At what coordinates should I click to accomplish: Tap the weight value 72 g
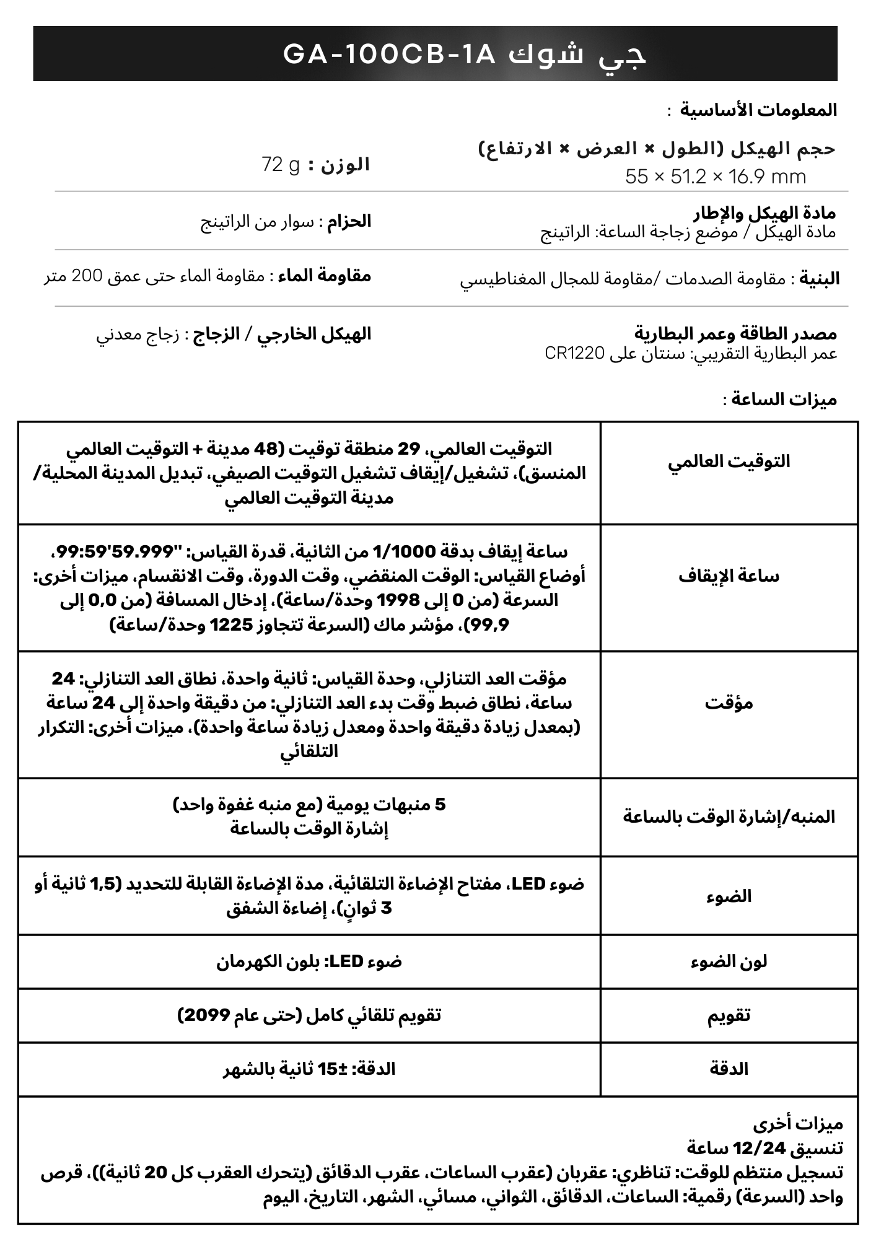pyautogui.click(x=281, y=165)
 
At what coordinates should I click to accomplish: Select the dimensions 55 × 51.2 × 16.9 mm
pyautogui.click(x=716, y=177)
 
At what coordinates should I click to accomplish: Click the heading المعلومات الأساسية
pyautogui.click(x=759, y=110)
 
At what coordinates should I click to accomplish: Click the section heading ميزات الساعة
pyautogui.click(x=784, y=400)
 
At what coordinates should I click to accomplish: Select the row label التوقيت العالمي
pyautogui.click(x=729, y=462)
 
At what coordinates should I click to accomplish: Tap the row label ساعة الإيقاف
pyautogui.click(x=729, y=576)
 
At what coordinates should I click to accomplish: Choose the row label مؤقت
pyautogui.click(x=729, y=703)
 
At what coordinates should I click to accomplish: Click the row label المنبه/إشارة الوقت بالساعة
pyautogui.click(x=729, y=817)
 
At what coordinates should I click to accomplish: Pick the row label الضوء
pyautogui.click(x=729, y=896)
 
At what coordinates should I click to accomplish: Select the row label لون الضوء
pyautogui.click(x=729, y=961)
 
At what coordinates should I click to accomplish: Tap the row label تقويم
pyautogui.click(x=729, y=1015)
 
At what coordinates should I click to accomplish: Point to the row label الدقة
pyautogui.click(x=729, y=1069)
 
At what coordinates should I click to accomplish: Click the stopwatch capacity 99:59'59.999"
pyautogui.click(x=115, y=551)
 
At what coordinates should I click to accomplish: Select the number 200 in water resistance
pyautogui.click(x=89, y=276)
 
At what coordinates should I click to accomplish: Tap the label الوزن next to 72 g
pyautogui.click(x=345, y=165)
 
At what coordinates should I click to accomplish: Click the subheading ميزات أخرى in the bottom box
pyautogui.click(x=798, y=1123)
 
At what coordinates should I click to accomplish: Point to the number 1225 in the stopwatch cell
pyautogui.click(x=233, y=625)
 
